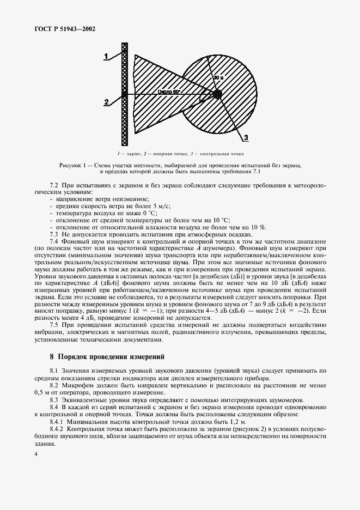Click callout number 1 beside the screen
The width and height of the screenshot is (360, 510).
click(107, 54)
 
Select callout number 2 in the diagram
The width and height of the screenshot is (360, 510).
click(107, 101)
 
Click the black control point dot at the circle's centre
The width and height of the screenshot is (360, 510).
click(217, 94)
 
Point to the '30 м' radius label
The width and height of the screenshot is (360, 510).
click(218, 78)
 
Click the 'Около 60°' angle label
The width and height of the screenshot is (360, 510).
click(169, 92)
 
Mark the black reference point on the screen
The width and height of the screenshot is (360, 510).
click(125, 94)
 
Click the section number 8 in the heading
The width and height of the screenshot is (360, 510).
click(52, 357)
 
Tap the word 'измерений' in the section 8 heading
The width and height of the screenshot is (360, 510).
click(145, 357)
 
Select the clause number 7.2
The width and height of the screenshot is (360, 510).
click(54, 186)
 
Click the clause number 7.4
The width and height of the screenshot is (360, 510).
click(54, 240)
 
